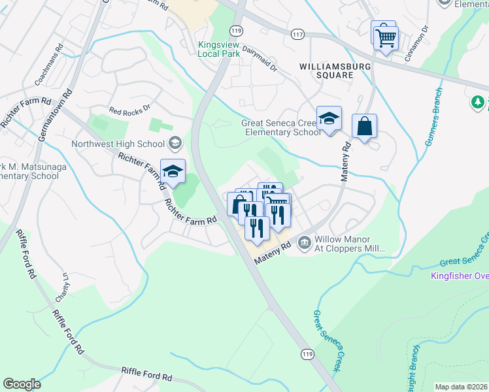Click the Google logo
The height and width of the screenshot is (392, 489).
coord(22,384)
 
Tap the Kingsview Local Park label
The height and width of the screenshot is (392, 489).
coord(220,50)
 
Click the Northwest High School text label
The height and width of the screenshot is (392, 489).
coord(119,144)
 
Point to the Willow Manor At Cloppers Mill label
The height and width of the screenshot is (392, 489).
coord(350,244)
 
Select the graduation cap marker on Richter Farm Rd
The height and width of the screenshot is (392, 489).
coord(173,172)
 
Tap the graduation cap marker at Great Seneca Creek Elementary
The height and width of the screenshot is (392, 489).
coord(329,119)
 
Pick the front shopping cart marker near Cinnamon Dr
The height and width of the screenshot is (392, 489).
coord(386,38)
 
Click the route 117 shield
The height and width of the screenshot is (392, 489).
coord(298,35)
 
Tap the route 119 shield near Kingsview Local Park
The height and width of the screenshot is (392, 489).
coord(236,30)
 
